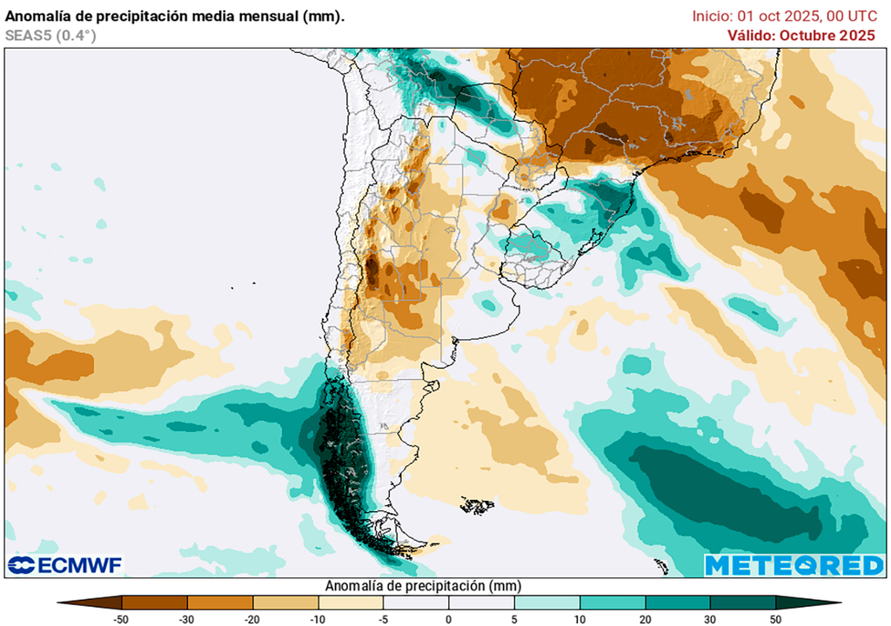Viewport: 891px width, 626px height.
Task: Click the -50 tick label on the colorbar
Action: click(122, 618)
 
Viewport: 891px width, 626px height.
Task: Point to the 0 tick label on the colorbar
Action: click(448, 618)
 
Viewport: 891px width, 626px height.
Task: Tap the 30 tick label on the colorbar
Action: click(710, 618)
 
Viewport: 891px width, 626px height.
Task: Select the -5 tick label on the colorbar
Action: click(383, 618)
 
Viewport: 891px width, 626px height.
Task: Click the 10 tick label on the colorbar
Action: click(579, 618)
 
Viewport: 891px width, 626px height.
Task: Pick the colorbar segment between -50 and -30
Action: click(155, 602)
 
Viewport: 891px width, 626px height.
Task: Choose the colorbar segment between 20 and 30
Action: click(677, 602)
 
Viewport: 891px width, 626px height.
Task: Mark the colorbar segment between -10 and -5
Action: click(351, 602)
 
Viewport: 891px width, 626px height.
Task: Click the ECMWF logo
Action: click(65, 565)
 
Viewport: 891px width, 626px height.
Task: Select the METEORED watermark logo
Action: click(794, 565)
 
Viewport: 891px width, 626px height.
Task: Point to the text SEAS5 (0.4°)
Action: click(50, 35)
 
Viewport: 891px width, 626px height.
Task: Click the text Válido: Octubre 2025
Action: click(801, 35)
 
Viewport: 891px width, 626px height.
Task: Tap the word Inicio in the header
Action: click(711, 16)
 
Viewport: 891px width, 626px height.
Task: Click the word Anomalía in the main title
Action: click(41, 15)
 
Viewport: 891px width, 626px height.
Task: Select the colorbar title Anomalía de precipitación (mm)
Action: click(423, 585)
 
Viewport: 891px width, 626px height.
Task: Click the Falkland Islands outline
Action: click(477, 505)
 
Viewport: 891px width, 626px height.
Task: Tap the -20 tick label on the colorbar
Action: click(252, 618)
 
